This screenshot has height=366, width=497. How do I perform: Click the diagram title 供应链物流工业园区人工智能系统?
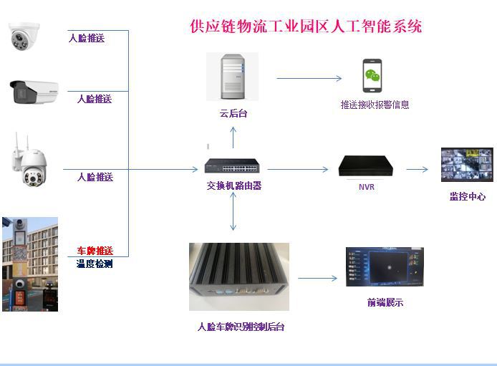[306, 27]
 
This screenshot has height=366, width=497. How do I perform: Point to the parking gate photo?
[29, 264]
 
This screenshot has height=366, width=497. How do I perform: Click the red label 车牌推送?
[95, 251]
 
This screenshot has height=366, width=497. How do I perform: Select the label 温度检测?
[95, 264]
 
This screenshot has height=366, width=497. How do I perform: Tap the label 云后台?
[233, 113]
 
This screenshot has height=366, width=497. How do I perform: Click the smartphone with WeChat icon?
[371, 76]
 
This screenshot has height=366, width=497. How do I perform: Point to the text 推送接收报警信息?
[375, 105]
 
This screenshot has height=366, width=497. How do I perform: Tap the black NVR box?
[367, 165]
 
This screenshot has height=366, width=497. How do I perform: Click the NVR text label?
[367, 188]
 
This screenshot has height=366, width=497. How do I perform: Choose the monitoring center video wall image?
[467, 169]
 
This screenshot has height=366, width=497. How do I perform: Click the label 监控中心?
[468, 196]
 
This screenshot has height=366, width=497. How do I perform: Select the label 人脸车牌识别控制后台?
[241, 327]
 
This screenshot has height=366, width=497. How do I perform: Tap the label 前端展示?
[385, 302]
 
